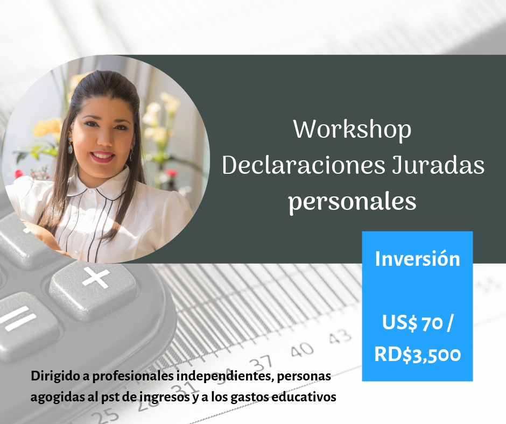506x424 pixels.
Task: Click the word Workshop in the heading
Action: pyautogui.click(x=352, y=130)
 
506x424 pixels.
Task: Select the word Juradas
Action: pyautogui.click(x=438, y=166)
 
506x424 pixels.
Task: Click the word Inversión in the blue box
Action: pyautogui.click(x=417, y=259)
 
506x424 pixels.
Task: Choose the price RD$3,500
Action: pyautogui.click(x=418, y=354)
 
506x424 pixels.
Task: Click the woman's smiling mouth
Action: pyautogui.click(x=103, y=157)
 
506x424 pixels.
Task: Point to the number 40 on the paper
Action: pyautogui.click(x=302, y=349)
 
